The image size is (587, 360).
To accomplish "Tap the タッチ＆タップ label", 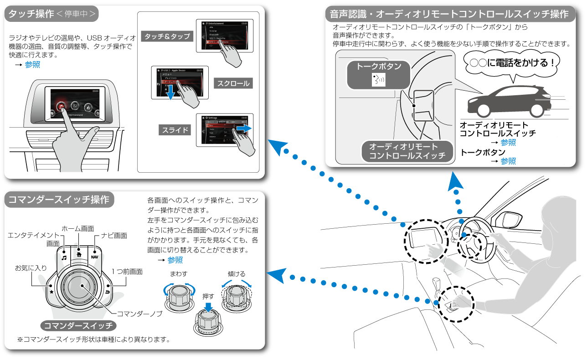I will (167, 36).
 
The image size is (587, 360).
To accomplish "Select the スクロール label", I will (233, 83).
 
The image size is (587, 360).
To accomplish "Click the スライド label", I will (175, 130).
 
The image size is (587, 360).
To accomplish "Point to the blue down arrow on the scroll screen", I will (170, 94).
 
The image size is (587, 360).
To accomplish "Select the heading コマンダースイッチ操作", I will (59, 200).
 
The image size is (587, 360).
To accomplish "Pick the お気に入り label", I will (31, 267).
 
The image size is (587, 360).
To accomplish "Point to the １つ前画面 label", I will (127, 271).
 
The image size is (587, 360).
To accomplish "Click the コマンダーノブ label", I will (139, 314).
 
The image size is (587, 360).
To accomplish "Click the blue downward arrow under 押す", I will (208, 307).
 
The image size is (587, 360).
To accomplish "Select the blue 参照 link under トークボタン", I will (508, 161).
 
